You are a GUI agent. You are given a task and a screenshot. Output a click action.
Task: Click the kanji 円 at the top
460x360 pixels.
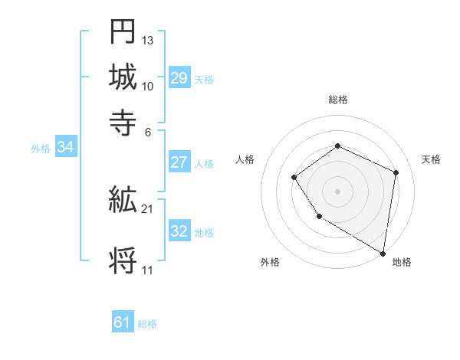123,33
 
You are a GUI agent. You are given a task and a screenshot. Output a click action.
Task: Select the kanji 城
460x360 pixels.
123,77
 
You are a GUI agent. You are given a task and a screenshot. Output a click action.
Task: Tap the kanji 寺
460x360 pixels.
123,122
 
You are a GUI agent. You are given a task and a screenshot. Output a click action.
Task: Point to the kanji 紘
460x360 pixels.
123,201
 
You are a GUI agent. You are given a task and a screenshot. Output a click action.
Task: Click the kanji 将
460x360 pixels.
123,260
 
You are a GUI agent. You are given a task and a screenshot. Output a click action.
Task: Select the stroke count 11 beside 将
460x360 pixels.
147,270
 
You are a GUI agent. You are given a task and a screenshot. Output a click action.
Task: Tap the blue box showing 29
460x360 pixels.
179,78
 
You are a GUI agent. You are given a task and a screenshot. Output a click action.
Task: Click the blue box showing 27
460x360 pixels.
179,162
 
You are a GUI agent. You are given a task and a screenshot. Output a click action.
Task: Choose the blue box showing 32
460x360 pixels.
179,231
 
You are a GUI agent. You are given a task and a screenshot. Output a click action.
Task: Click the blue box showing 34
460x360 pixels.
65,148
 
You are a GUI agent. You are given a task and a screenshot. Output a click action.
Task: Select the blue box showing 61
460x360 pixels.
123,322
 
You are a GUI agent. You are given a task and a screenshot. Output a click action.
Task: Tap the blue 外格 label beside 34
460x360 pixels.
40,149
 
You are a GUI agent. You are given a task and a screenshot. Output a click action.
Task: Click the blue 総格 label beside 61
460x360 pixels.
147,324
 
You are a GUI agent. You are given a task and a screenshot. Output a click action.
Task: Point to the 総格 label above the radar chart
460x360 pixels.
337,100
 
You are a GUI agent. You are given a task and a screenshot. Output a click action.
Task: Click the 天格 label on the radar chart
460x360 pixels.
431,159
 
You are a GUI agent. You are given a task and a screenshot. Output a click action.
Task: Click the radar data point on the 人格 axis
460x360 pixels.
294,178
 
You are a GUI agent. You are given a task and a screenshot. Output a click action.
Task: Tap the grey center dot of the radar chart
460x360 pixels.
337,191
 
